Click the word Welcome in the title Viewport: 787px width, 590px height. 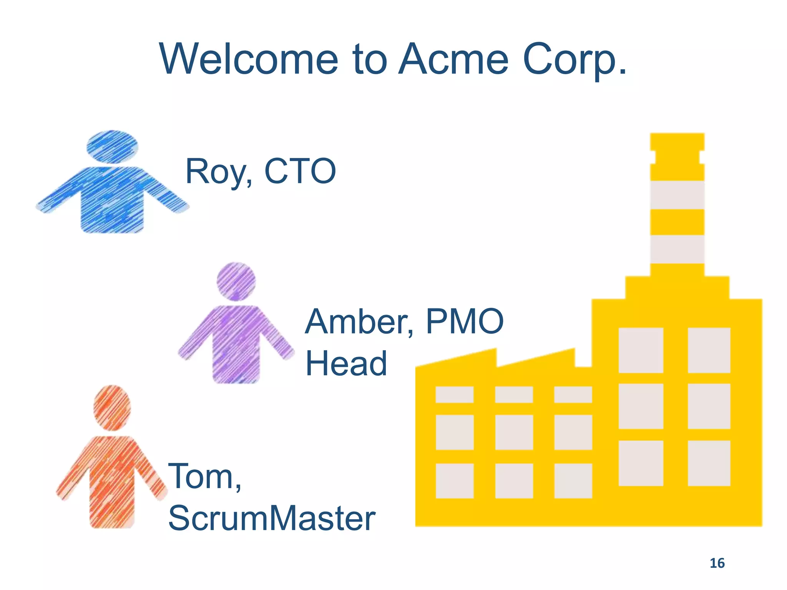click(x=249, y=60)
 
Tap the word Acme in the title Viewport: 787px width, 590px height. click(x=453, y=60)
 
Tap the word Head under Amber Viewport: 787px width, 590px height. click(x=346, y=363)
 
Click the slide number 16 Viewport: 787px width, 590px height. click(x=717, y=563)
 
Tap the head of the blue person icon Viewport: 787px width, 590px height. click(x=112, y=147)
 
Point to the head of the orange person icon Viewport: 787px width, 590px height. click(x=112, y=408)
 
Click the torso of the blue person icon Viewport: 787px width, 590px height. click(x=112, y=200)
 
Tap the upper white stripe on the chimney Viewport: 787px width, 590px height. click(x=677, y=195)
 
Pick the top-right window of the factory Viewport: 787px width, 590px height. click(x=709, y=350)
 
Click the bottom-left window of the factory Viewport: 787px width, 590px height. click(x=455, y=481)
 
